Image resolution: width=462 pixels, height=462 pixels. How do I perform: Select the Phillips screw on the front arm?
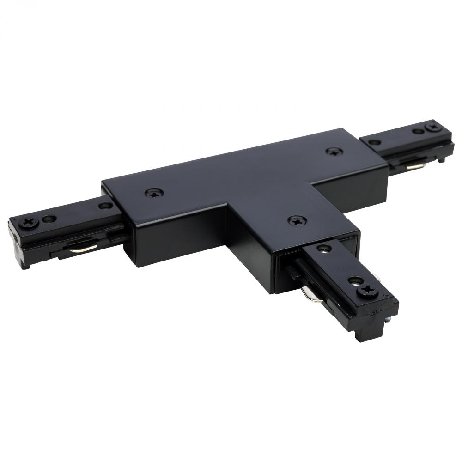(x=367, y=291)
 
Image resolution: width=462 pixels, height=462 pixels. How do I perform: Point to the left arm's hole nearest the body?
(x=105, y=206)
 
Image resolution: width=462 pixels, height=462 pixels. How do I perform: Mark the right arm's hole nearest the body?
(x=375, y=142)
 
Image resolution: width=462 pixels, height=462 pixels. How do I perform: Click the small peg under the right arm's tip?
(x=442, y=159)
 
